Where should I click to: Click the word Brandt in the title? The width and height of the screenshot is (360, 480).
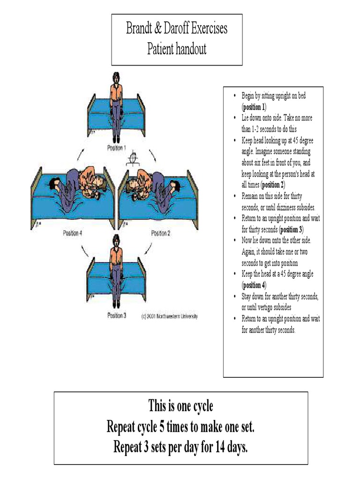139,29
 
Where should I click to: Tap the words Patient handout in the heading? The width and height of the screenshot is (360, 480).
177,49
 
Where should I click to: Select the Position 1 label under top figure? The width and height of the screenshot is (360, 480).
116,148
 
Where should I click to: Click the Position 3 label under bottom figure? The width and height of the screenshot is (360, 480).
117,315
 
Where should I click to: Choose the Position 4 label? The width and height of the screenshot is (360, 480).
72,232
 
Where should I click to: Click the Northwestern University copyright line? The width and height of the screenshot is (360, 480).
169,316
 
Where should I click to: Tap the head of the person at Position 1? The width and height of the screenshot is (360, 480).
116,77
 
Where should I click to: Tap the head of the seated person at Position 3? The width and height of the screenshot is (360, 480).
116,240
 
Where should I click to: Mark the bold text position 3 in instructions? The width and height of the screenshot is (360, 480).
291,230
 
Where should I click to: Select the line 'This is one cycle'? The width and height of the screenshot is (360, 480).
180,405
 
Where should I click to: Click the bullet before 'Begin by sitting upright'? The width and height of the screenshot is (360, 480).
234,96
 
